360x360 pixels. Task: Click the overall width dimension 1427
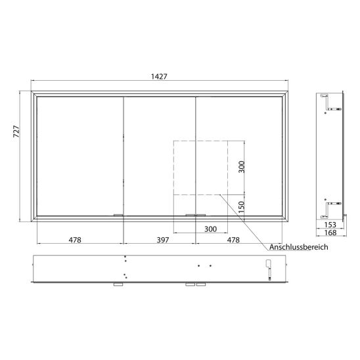(158, 77)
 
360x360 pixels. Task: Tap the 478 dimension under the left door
(75, 240)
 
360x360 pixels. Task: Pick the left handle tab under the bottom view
(118, 285)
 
